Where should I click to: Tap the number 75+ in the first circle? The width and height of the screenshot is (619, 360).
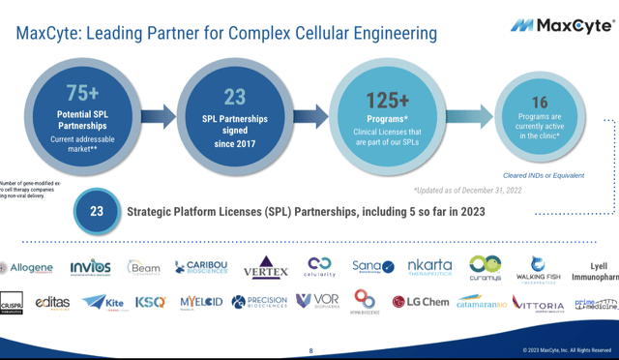tap(83, 93)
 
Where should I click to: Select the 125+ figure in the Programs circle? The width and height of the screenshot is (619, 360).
tap(387, 99)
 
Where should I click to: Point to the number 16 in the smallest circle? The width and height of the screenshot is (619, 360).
tap(539, 103)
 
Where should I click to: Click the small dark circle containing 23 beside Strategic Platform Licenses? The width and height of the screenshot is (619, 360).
tap(97, 210)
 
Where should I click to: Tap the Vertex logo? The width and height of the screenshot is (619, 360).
tap(265, 266)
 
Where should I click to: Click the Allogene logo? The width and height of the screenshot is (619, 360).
tap(27, 267)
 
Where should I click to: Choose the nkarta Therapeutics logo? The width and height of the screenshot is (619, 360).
tap(428, 266)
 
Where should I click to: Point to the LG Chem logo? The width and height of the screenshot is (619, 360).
tap(421, 302)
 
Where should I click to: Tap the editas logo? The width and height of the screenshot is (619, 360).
tap(52, 302)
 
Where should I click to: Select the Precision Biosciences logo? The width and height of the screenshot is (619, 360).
tap(259, 302)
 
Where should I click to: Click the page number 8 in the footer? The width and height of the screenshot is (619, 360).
tap(310, 350)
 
